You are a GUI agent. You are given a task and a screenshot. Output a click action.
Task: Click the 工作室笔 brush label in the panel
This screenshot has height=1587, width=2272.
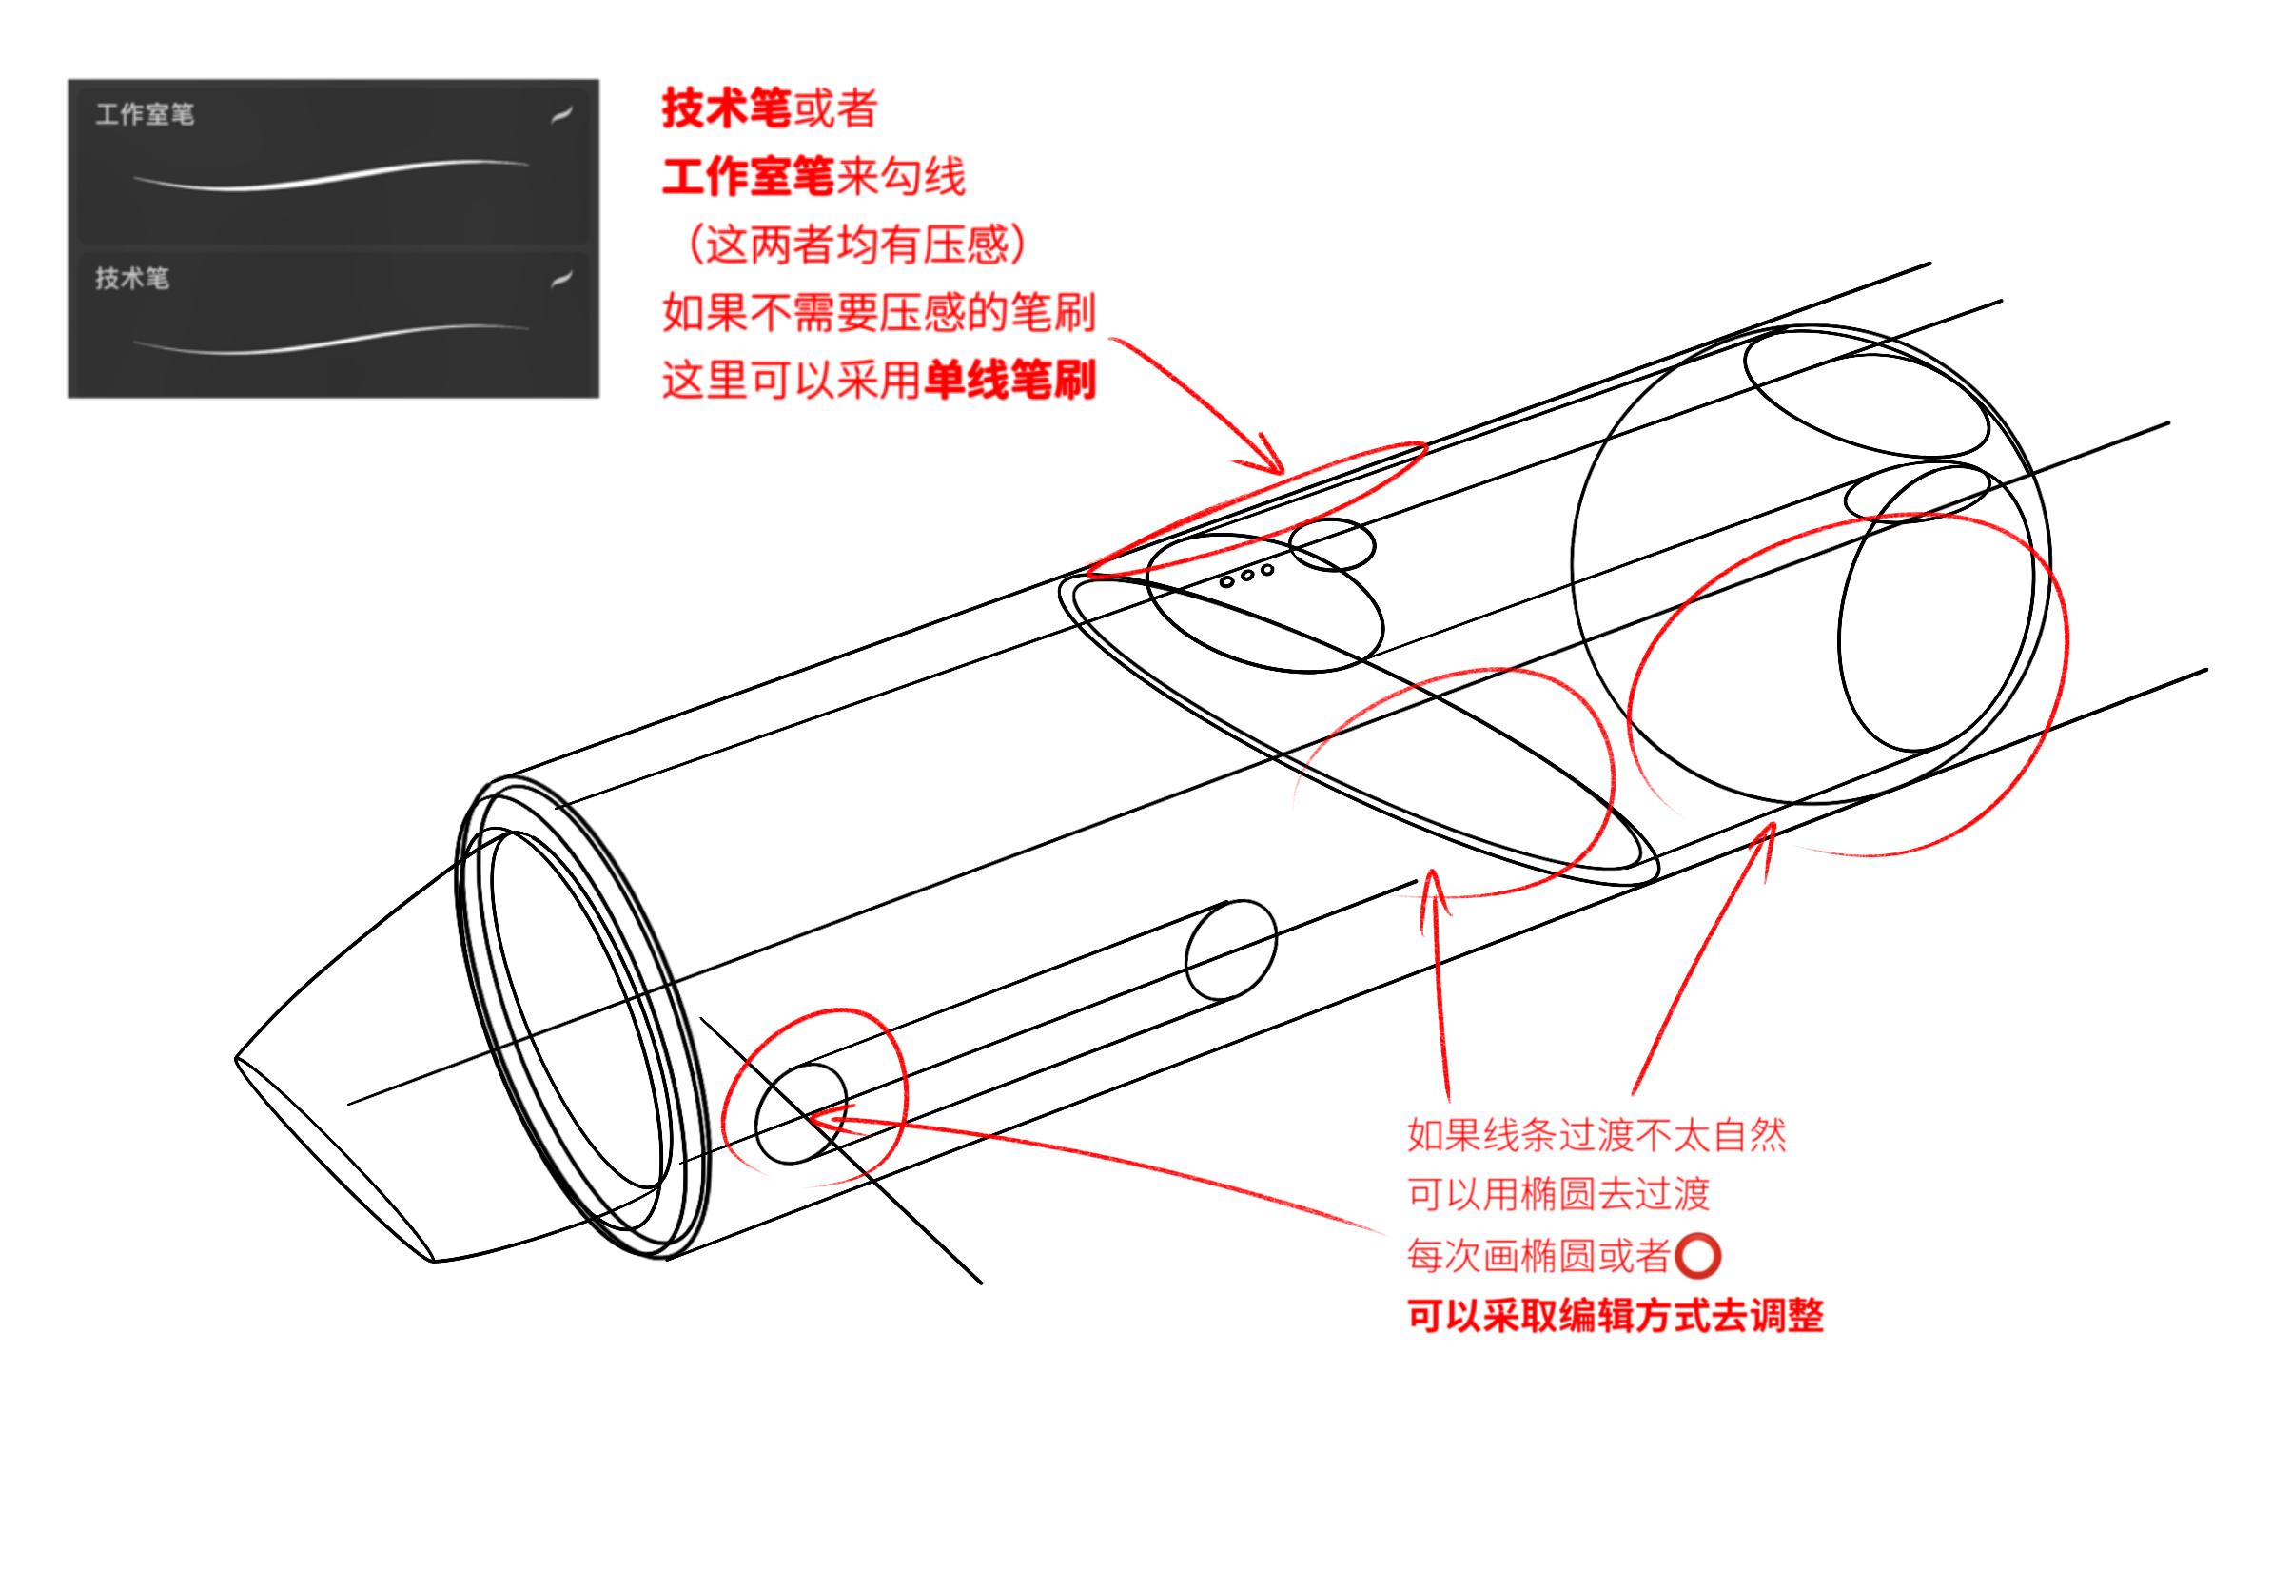(x=145, y=114)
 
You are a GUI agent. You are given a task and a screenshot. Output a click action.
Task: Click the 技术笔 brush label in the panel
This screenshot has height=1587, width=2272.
(x=131, y=278)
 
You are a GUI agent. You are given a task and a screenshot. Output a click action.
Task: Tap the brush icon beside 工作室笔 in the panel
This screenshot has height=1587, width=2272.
(x=561, y=115)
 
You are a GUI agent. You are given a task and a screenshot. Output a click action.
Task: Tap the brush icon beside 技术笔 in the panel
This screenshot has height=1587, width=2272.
(x=561, y=279)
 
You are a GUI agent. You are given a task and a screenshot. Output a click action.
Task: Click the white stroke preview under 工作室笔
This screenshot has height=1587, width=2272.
(x=331, y=175)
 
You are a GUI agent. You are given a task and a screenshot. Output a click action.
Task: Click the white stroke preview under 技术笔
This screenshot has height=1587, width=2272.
(x=331, y=339)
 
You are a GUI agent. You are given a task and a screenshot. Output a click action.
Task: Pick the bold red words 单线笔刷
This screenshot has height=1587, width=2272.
(x=1010, y=380)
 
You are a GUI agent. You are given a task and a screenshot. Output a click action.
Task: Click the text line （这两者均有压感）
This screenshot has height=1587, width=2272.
(x=856, y=245)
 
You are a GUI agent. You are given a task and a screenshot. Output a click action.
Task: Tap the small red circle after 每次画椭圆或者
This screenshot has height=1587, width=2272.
(x=1698, y=1256)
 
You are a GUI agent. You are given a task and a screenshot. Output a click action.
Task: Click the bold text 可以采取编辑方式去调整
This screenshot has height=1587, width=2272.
(x=1615, y=1316)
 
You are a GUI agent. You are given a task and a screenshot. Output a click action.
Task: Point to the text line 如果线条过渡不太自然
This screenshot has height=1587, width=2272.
(x=1596, y=1135)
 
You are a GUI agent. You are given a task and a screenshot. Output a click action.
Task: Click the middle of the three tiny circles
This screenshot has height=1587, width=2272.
(x=1246, y=576)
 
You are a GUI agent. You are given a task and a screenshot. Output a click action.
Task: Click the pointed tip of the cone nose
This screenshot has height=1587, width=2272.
(x=238, y=1059)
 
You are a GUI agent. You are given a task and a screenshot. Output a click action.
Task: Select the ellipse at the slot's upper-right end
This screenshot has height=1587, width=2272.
(x=1230, y=950)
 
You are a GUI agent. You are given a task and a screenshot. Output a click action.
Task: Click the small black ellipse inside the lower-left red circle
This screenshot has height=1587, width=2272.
(x=800, y=1113)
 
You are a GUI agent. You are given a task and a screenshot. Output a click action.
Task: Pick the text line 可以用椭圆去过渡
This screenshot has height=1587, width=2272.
(x=1558, y=1194)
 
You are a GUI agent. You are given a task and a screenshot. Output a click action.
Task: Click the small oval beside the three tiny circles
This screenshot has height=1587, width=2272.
(x=1333, y=544)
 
